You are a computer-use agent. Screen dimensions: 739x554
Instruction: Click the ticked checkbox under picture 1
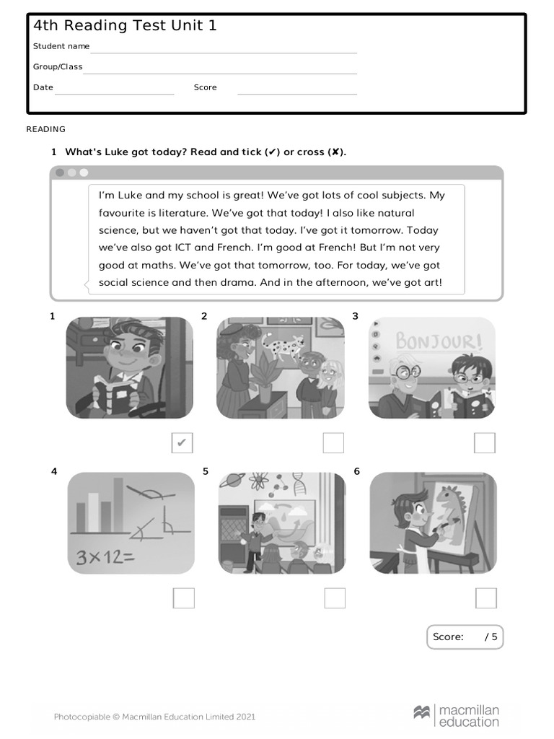(183, 443)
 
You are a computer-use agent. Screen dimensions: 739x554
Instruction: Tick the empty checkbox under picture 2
(333, 443)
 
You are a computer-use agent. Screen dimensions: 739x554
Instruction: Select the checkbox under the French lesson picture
(485, 443)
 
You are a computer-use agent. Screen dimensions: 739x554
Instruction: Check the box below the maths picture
(184, 598)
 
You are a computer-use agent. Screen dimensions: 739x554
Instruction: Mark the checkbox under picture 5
(335, 598)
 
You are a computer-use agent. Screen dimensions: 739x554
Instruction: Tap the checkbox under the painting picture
(486, 598)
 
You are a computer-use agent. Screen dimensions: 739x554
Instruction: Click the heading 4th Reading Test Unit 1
(125, 26)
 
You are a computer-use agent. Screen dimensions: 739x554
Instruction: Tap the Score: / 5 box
(465, 637)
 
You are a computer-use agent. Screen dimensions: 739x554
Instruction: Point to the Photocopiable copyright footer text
(154, 717)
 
